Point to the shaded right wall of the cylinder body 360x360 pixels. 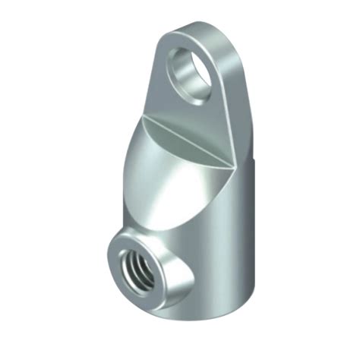(x=239, y=243)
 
